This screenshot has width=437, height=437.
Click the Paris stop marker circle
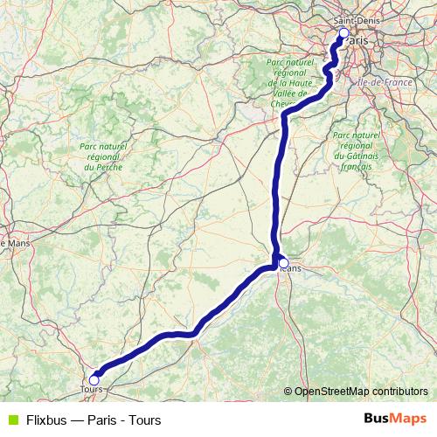[x=343, y=33]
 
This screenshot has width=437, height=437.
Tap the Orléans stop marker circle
[x=283, y=261]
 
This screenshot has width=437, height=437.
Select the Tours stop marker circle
[x=94, y=380]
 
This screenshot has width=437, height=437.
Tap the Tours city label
[x=91, y=390]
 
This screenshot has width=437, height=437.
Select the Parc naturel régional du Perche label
[x=101, y=156]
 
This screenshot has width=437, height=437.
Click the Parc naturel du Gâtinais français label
[x=357, y=150]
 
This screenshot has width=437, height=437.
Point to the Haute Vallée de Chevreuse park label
[x=291, y=83]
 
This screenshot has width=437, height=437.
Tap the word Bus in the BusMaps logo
[x=377, y=419]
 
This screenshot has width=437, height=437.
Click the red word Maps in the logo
[x=407, y=419]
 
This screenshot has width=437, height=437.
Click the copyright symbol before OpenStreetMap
[x=288, y=392]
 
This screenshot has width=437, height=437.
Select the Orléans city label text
[x=291, y=269]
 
